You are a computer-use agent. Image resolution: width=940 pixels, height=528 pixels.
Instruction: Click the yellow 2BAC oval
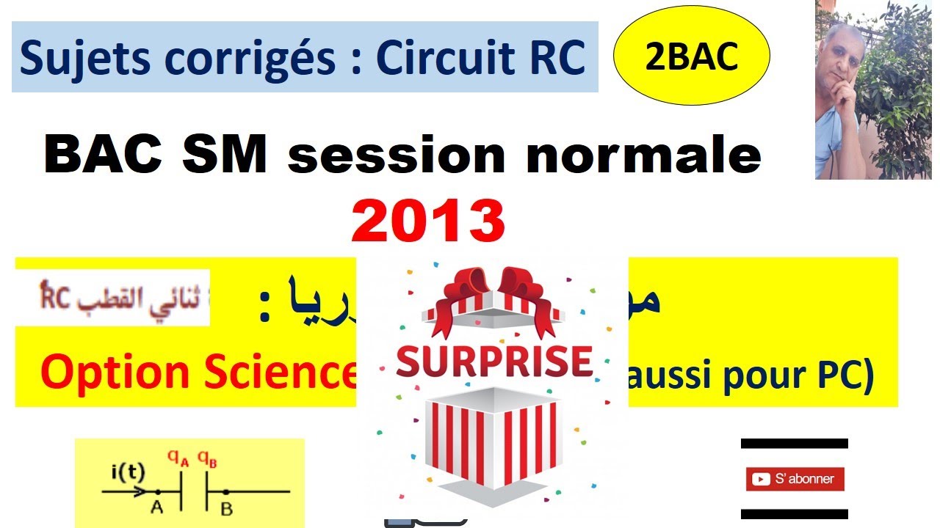pyautogui.click(x=691, y=57)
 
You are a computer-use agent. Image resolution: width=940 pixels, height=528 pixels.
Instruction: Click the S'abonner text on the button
pyautogui.click(x=804, y=480)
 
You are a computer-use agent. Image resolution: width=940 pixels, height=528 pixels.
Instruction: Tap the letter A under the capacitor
pyautogui.click(x=156, y=508)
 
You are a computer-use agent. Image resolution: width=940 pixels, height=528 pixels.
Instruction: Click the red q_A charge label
pyautogui.click(x=176, y=459)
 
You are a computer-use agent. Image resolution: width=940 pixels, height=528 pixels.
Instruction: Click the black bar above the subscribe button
pyautogui.click(x=795, y=443)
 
